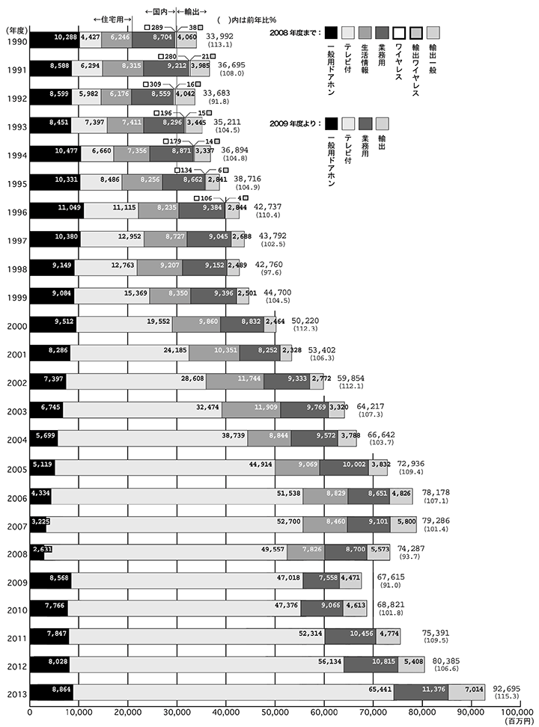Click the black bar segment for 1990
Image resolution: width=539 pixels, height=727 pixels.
point(54,36)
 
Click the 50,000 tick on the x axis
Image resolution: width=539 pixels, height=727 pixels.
point(275,712)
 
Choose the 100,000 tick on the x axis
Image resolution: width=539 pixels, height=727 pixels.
point(518,712)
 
